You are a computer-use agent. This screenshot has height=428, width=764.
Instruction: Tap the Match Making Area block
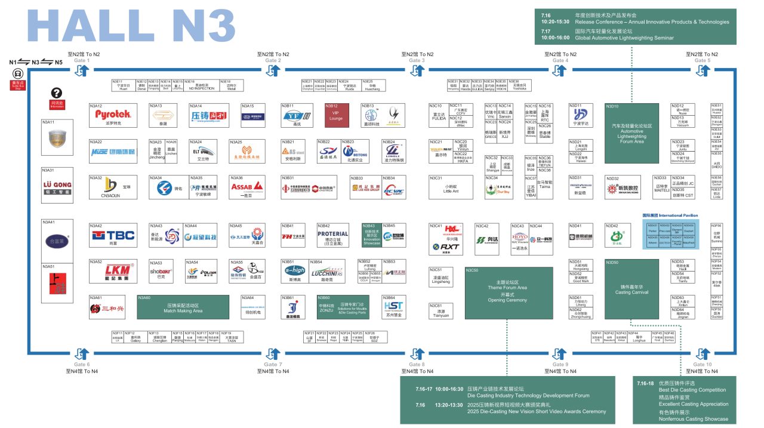183,307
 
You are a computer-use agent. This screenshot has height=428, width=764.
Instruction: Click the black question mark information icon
57,93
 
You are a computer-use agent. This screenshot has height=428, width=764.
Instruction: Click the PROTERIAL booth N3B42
332,237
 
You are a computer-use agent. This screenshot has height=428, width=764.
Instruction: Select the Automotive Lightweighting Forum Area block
631,133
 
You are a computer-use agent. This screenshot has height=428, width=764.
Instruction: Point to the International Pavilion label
670,215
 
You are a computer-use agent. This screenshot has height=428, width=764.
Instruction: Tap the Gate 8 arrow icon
417,354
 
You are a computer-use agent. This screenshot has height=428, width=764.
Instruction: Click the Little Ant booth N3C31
451,187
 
